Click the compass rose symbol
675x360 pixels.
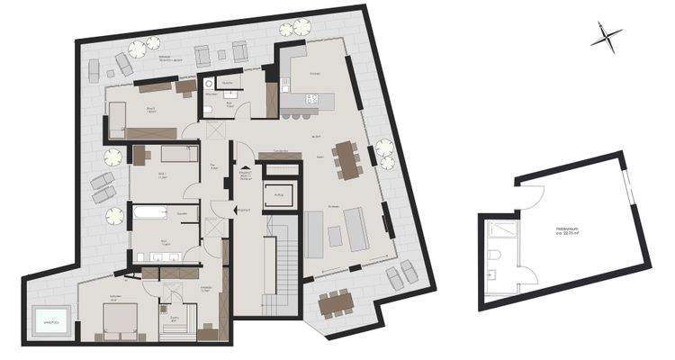point(607,37)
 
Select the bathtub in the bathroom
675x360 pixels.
point(149,213)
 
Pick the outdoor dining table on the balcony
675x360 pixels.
point(335,303)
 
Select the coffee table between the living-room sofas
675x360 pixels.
point(335,236)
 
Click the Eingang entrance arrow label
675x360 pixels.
point(242,211)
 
